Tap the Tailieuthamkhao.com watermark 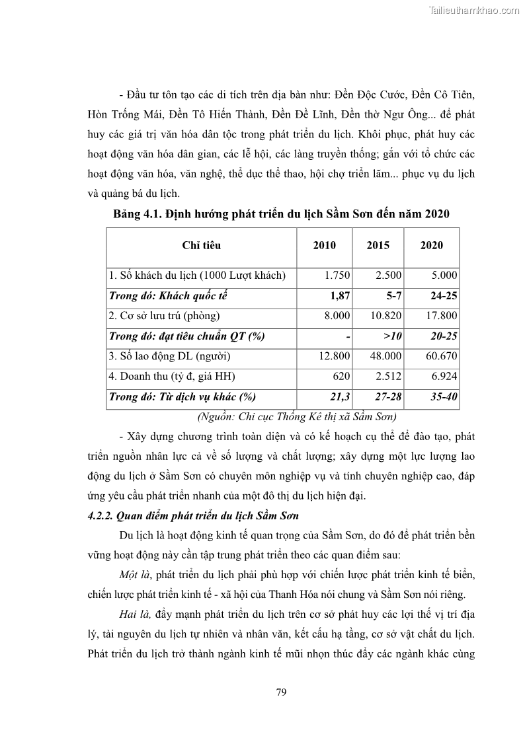474,10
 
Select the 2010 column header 324,245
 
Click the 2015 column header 378,245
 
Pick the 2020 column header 431,245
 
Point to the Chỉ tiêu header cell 201,245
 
